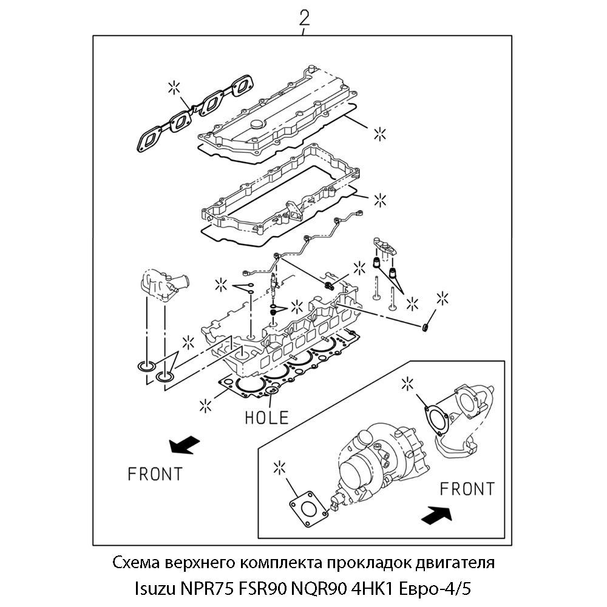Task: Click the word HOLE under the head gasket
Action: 266,417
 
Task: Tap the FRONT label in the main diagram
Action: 155,473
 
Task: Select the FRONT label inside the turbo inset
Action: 467,488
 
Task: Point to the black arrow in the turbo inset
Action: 436,515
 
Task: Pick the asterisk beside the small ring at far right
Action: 443,298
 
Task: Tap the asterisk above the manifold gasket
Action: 174,88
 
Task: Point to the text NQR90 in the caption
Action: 333,588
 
